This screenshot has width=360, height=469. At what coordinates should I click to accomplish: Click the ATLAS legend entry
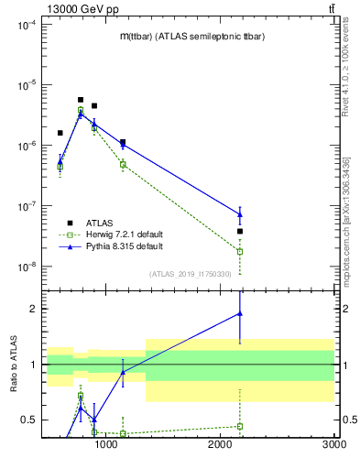[100, 223]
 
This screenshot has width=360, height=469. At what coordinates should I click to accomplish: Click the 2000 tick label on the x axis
[221, 444]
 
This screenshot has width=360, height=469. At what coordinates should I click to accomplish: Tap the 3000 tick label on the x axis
[333, 444]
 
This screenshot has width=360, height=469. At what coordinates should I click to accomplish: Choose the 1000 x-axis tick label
[107, 444]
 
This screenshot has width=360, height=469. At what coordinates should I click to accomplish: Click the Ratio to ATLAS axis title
[13, 364]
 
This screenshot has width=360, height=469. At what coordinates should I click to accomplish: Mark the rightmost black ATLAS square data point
[240, 231]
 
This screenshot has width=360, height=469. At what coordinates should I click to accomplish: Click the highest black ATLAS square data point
[81, 100]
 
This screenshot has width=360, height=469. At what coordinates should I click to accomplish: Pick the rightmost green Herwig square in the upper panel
[240, 251]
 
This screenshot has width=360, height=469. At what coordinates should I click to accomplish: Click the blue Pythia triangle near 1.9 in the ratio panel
[240, 313]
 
